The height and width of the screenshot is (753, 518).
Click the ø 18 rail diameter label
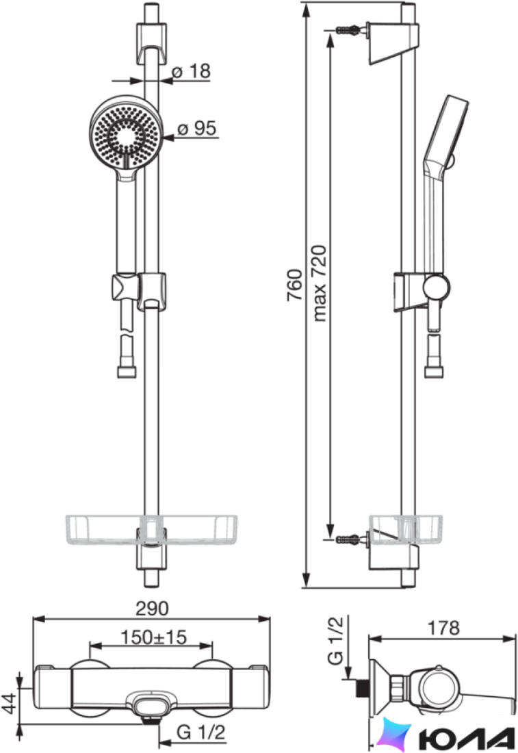pos(191,72)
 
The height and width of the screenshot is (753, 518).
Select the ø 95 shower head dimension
pos(197,129)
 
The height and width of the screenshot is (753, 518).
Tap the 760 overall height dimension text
pos(295,285)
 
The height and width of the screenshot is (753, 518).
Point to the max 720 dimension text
pos(320,283)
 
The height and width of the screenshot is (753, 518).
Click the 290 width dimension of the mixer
pos(152,608)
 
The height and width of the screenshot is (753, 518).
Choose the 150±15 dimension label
pos(153,637)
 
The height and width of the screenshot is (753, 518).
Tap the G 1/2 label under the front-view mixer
pos(200,732)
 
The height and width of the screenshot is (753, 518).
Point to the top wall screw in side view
pos(348,29)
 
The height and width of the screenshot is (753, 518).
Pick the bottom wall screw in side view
pos(348,539)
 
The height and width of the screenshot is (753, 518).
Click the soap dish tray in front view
pos(152,530)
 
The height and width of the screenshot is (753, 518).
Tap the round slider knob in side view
pos(437,288)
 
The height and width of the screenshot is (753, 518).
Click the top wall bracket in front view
pos(152,42)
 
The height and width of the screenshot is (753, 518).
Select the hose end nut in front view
pos(127,371)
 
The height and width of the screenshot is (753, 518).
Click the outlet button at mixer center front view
pos(151,706)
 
